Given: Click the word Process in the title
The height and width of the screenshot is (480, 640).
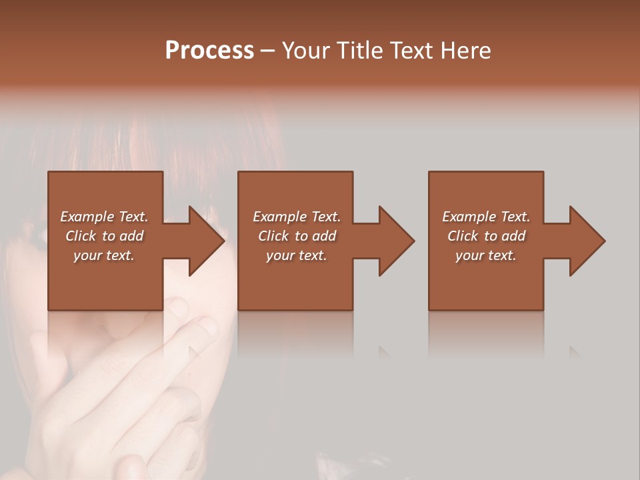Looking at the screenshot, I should point(209,51).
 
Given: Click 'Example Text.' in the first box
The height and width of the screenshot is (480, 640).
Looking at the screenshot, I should point(104,217).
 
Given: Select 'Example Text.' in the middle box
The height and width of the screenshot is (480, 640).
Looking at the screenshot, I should point(296,217).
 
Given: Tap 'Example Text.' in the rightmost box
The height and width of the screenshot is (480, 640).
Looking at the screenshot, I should point(486,217).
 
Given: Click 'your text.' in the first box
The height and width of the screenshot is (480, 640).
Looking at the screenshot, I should point(104,255).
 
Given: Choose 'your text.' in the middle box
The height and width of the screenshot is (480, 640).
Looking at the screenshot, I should point(296,255).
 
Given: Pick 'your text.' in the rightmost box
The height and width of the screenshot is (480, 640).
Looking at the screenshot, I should point(486,255).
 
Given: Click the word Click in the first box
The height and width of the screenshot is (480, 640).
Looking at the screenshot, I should point(81,236).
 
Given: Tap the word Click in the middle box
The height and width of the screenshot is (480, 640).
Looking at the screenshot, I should point(273,236).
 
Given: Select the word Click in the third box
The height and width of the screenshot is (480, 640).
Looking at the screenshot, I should point(463,236).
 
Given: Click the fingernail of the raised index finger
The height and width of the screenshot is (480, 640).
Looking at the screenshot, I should point(207,326).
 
